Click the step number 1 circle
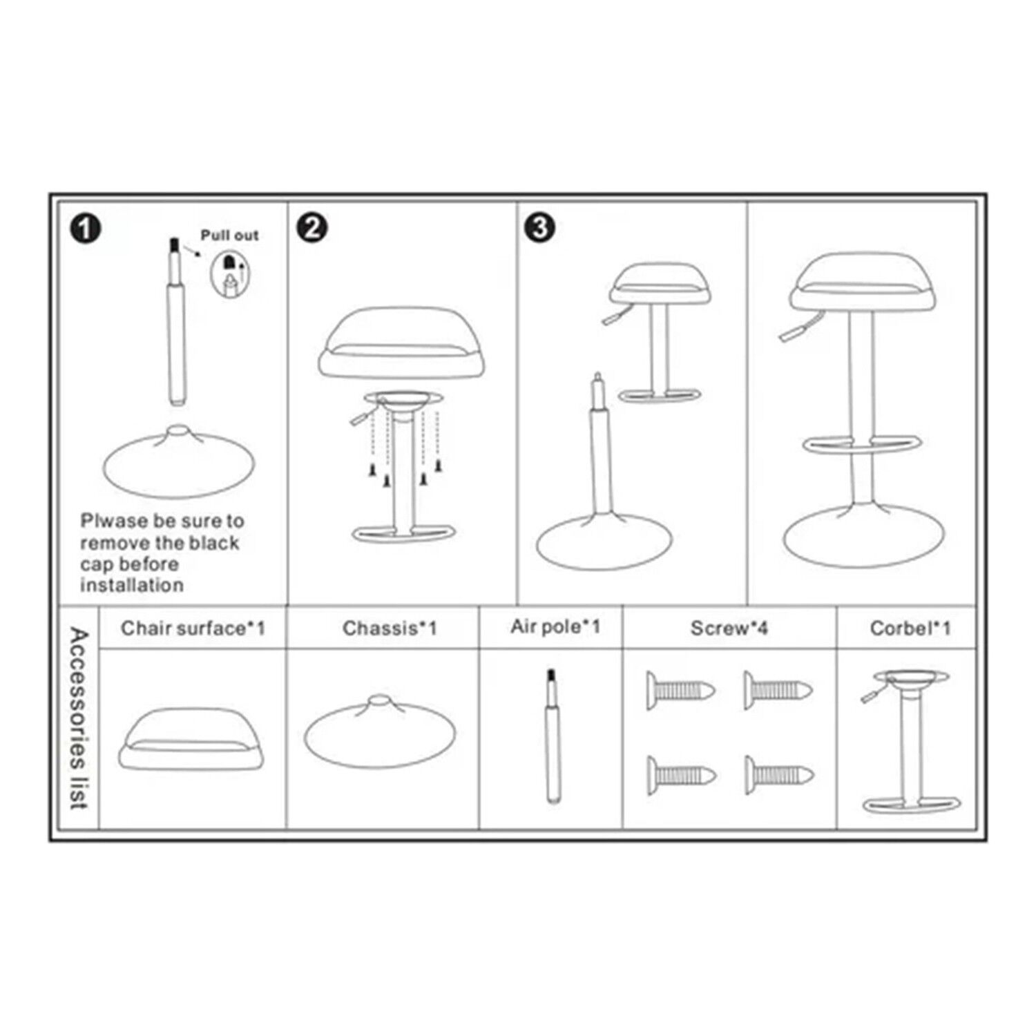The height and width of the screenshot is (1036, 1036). [x=86, y=229]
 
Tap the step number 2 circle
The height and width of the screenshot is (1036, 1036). [x=312, y=227]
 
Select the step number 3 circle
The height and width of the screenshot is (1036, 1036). [x=540, y=228]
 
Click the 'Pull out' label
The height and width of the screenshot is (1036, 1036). [x=229, y=236]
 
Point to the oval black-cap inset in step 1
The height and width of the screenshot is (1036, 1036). [x=230, y=274]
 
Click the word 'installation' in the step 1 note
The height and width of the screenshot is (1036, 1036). [x=132, y=585]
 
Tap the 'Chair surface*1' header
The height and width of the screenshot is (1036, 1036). [x=193, y=628]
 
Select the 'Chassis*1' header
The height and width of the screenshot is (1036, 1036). [x=390, y=628]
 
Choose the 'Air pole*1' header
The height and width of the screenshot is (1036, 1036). [x=555, y=626]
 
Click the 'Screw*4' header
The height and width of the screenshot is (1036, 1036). [x=729, y=628]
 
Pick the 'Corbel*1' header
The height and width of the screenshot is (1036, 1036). [x=910, y=628]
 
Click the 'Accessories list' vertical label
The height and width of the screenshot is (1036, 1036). [x=79, y=718]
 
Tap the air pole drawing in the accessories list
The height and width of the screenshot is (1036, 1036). [x=552, y=736]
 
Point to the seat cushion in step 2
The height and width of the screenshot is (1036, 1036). [x=401, y=343]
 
